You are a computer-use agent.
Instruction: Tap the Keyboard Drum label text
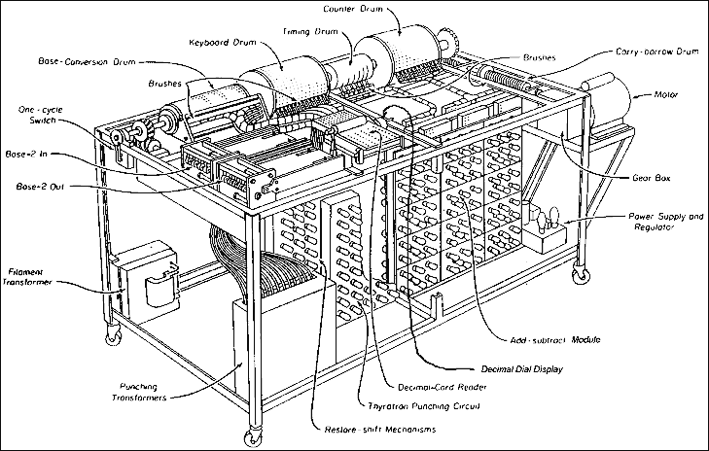pyautogui.click(x=223, y=42)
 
